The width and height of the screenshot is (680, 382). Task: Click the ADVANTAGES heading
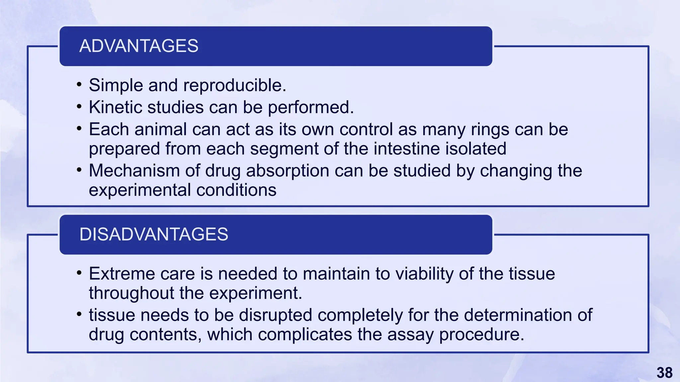click(x=139, y=46)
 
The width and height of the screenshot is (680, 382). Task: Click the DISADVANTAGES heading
click(x=154, y=234)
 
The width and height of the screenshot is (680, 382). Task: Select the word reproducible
click(x=235, y=86)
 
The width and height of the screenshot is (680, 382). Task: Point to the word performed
click(x=311, y=107)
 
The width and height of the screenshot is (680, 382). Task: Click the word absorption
click(x=287, y=171)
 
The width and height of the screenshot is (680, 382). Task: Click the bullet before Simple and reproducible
click(x=79, y=85)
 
